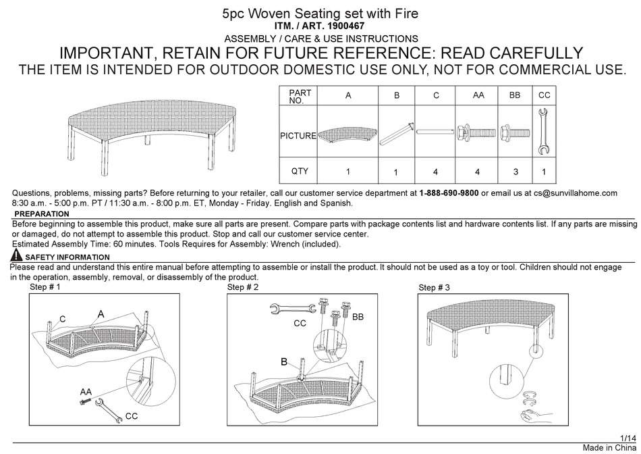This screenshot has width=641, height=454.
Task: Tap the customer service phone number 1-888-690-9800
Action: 449,193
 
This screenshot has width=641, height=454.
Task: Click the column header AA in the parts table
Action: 478,96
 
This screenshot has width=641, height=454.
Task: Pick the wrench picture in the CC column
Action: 544,130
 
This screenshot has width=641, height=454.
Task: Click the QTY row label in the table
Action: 300,171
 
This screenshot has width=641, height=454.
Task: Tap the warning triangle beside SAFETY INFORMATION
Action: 17,255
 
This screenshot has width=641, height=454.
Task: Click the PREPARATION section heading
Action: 41,214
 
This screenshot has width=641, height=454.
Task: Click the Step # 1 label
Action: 45,287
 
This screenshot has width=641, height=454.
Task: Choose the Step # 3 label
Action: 434,288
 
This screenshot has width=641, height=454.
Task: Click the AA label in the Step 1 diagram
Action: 86,392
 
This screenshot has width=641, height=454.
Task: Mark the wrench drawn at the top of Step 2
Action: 284,309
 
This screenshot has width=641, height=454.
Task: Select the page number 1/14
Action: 628,438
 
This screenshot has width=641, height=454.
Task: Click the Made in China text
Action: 609,448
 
